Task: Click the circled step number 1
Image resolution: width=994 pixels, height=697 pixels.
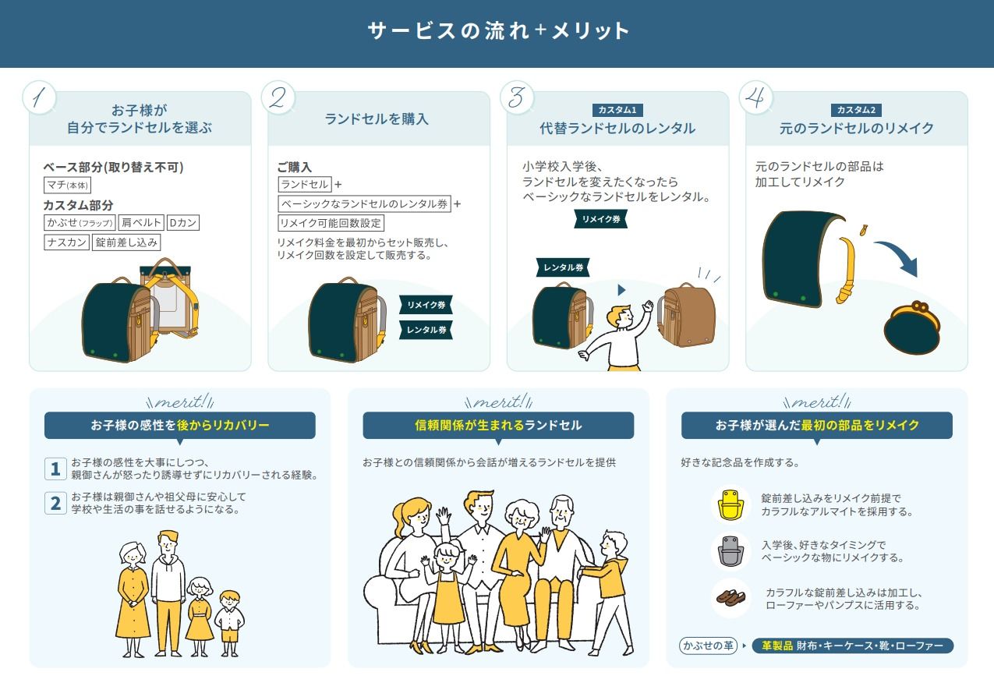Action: (40, 97)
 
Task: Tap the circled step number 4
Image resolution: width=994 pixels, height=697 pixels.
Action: (755, 97)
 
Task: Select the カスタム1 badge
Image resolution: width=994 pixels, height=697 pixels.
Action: (617, 110)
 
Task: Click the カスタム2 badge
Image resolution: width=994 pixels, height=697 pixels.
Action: (856, 110)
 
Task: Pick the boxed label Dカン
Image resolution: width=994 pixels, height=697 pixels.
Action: (183, 223)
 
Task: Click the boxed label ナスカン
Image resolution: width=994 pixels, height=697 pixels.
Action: (66, 242)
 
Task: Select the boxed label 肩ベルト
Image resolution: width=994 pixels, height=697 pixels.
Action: (141, 223)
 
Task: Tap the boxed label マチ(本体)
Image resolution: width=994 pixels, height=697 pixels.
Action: (68, 185)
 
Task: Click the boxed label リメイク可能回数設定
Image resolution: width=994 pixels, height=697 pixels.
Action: (331, 223)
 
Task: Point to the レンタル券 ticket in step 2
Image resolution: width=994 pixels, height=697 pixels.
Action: (426, 330)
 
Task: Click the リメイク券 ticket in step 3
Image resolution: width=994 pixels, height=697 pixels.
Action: (601, 219)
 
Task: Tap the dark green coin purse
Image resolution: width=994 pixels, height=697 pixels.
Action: (912, 327)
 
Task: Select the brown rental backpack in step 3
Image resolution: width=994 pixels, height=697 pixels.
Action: (686, 314)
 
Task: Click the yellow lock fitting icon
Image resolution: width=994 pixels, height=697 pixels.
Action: (730, 504)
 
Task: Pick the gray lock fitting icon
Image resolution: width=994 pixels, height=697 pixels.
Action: (730, 551)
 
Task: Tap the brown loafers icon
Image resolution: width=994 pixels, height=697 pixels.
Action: (730, 598)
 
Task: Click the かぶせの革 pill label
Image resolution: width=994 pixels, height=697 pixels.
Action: (708, 646)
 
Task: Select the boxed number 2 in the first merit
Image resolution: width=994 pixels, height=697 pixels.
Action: (55, 503)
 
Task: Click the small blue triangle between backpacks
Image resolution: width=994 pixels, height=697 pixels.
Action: (621, 290)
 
